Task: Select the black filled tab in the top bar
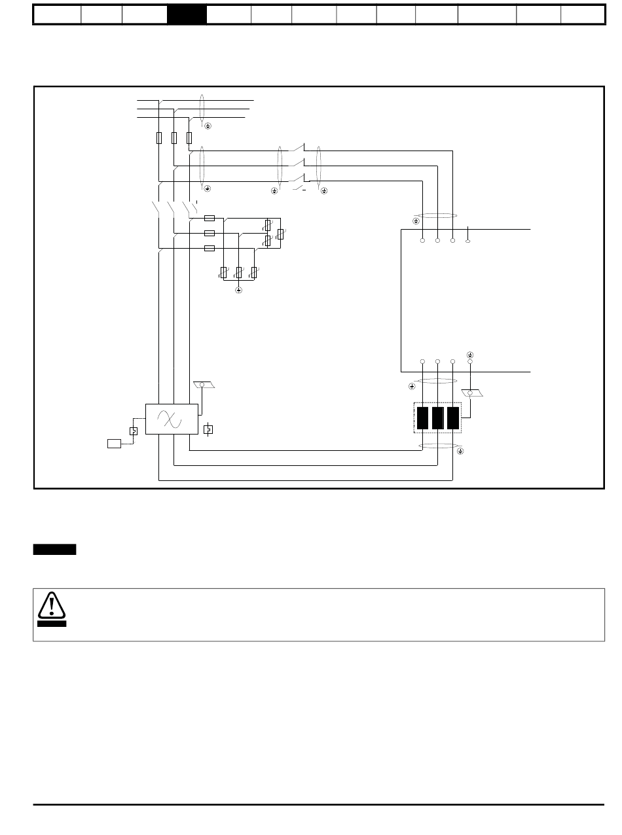click(x=187, y=14)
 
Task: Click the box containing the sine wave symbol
click(x=172, y=419)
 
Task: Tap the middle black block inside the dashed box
click(x=437, y=418)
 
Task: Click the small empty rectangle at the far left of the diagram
click(x=115, y=444)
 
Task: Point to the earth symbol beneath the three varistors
click(x=239, y=289)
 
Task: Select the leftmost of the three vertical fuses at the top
click(x=159, y=138)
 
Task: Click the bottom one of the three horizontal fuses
click(x=210, y=248)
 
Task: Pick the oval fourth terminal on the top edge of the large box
click(x=469, y=241)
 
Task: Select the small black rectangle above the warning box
click(x=54, y=549)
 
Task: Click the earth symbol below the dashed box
click(x=460, y=452)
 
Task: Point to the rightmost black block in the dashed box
click(x=452, y=418)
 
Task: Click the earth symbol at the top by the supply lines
click(x=208, y=125)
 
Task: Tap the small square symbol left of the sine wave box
click(x=133, y=431)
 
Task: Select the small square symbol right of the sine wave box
click(x=208, y=430)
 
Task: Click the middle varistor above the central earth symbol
click(x=239, y=272)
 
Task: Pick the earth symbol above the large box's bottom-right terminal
click(x=470, y=354)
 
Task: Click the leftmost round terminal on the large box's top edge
click(x=422, y=241)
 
